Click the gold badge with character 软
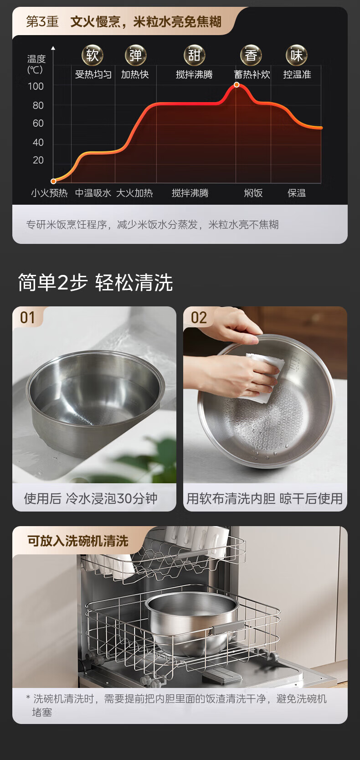(x=92, y=55)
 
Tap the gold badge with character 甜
(x=194, y=55)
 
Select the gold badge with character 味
(x=297, y=55)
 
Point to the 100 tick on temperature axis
(x=36, y=87)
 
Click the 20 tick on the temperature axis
(x=38, y=160)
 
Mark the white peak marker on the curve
(x=237, y=85)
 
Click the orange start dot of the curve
(x=53, y=181)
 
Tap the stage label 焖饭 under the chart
(x=253, y=193)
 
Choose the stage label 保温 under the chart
(x=297, y=193)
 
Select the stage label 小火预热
(x=50, y=193)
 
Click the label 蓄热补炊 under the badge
(x=252, y=74)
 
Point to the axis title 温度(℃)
(x=36, y=64)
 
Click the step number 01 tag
(x=27, y=318)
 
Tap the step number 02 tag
(x=199, y=318)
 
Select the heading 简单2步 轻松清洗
(x=95, y=282)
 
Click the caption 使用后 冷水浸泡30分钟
(x=91, y=498)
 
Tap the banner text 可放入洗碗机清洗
(x=78, y=541)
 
